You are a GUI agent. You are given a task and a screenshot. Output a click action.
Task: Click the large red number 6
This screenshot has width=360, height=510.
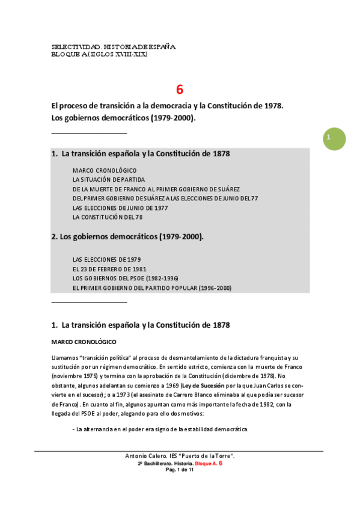[180, 90]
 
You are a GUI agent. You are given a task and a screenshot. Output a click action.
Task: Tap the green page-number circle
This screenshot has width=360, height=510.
[334, 139]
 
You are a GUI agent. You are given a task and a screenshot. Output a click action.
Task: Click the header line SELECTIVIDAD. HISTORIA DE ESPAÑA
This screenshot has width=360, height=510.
[114, 47]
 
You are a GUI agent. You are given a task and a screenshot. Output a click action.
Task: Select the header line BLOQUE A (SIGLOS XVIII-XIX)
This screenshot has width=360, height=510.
[99, 54]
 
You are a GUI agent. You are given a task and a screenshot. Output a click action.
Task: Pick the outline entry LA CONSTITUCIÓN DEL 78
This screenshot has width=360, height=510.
[108, 217]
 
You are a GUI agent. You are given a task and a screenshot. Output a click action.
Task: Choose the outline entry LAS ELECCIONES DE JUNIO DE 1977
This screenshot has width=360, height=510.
[120, 207]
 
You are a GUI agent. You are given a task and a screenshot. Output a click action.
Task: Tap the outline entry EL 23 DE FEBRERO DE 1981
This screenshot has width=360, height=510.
[109, 269]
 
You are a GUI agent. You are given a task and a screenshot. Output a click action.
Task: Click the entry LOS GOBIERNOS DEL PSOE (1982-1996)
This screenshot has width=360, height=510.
[126, 278]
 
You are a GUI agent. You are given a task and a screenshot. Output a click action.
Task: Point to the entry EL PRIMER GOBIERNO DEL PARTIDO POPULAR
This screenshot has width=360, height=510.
[151, 288]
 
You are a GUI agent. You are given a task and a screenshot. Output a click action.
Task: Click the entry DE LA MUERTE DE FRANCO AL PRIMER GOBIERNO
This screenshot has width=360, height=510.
[156, 189]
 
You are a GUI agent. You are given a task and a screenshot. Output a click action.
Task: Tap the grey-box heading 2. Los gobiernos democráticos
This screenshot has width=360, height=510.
[127, 237]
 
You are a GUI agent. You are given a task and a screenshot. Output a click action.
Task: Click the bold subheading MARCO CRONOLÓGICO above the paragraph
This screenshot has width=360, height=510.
[84, 342]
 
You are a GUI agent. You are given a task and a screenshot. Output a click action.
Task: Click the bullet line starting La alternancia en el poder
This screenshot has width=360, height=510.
[159, 429]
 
